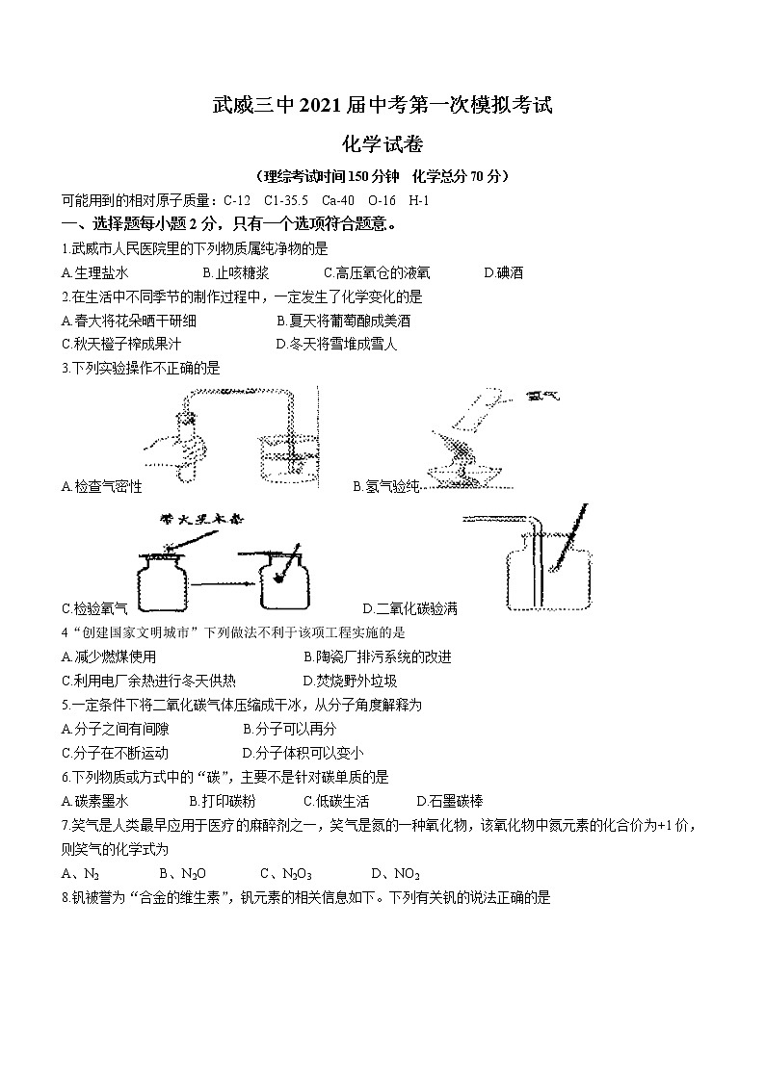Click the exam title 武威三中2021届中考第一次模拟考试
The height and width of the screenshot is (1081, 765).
pos(382,105)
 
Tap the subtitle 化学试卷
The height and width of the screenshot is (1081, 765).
pos(382,143)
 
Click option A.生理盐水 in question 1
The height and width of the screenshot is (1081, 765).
pos(94,272)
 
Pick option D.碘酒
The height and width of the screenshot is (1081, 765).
pos(503,272)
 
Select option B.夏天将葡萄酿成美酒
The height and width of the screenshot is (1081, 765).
pos(343,321)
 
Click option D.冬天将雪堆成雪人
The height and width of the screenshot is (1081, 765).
pos(336,344)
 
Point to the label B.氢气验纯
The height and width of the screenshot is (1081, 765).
pos(386,487)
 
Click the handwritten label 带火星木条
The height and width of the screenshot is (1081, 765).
pos(198,521)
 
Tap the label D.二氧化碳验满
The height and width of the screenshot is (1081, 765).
pos(409,608)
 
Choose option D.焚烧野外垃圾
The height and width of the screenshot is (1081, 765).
pos(350,681)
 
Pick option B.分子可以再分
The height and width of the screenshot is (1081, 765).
pos(289,730)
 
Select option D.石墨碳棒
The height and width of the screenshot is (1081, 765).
pos(449,801)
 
